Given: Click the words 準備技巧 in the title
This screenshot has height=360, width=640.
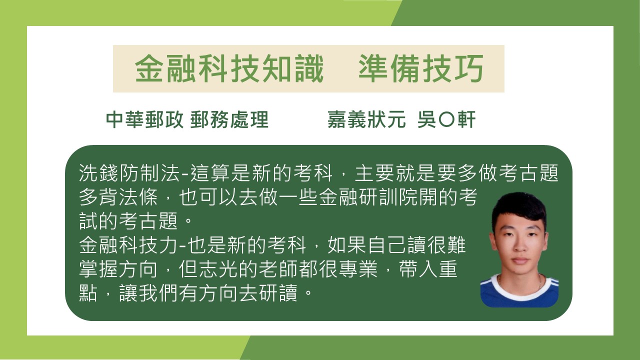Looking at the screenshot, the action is coord(421,68).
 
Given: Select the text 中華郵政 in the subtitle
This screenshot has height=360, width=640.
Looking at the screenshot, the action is coord(144,119).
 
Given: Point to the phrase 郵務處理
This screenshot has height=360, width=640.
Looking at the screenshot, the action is coord(229,119).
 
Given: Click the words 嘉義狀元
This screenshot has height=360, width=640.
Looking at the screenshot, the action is coord(366,119).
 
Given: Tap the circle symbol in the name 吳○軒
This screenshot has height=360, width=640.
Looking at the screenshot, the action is coord(446,120).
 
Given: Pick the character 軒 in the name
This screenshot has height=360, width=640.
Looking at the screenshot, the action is coord(466,119).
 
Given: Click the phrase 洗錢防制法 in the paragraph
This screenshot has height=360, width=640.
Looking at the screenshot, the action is coord(129,173).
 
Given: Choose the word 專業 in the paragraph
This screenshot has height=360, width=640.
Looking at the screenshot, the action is coord(358,269).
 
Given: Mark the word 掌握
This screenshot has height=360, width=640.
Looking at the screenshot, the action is coord(98,269).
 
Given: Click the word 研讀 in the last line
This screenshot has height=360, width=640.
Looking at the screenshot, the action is coord(278,293).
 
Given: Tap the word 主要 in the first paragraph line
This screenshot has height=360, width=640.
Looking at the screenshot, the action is coord(374,173).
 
